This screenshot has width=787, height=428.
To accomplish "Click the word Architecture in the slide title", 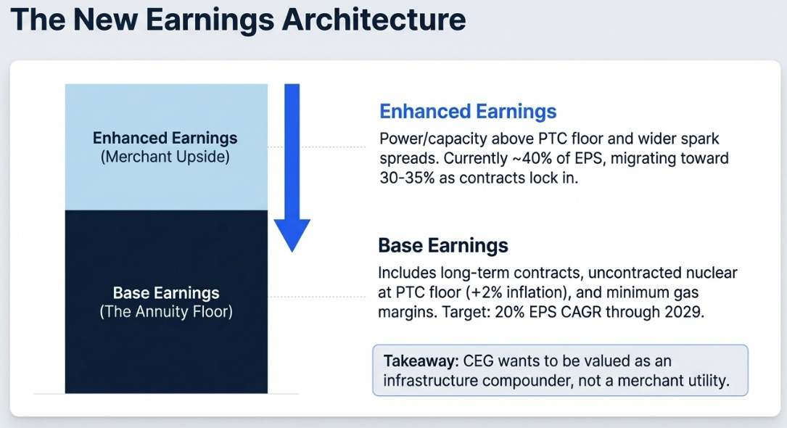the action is (374, 20).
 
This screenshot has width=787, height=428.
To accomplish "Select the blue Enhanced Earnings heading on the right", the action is (468, 112).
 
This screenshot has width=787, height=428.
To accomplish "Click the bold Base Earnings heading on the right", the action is (442, 245).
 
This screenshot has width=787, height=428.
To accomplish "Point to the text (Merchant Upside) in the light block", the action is (165, 157).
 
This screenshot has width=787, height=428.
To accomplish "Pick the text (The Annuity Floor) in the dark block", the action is (166, 312).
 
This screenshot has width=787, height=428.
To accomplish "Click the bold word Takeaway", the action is (421, 361).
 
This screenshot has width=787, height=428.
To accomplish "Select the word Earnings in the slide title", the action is (210, 20).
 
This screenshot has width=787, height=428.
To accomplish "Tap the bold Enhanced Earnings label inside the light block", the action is (165, 138).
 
